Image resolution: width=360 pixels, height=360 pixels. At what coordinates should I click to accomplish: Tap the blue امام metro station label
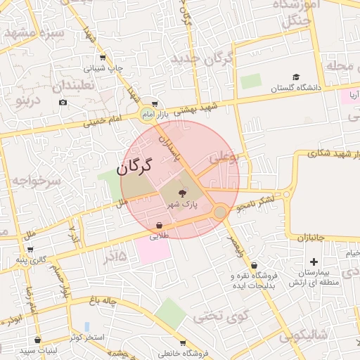pos(147,113)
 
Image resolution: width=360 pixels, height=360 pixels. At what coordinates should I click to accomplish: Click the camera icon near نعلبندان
pos(63,103)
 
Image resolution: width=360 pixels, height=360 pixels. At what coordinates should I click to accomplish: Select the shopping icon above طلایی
pos(160,226)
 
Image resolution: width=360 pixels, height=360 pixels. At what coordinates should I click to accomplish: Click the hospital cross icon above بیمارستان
pos(314,262)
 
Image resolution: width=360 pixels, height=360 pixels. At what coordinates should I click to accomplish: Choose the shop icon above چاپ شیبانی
pos(103,58)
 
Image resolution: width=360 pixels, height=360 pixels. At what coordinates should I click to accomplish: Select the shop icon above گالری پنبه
pos(30,248)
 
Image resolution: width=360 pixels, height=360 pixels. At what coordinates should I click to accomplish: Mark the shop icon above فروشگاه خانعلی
pos(183,343)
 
